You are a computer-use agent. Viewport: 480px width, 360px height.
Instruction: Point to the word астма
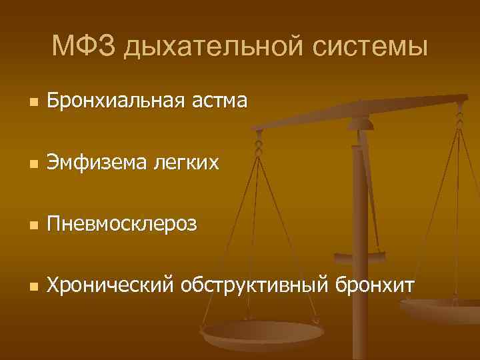click(219, 102)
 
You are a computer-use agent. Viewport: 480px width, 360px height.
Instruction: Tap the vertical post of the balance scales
click(360, 200)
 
